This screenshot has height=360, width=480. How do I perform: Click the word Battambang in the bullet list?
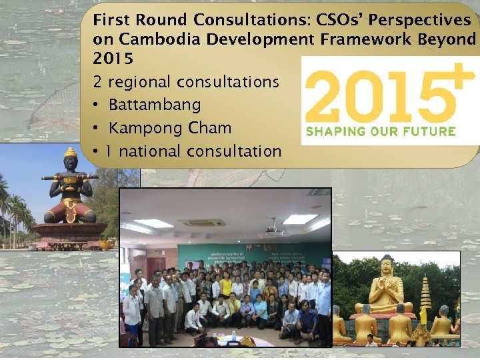[154, 105]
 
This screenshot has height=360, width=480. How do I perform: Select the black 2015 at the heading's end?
[113, 59]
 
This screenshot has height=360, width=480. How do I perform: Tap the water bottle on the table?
[233, 335]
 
